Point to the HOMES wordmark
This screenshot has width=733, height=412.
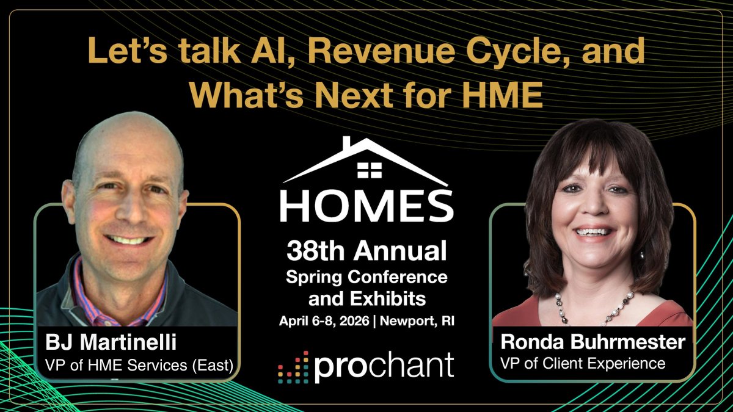[366, 205]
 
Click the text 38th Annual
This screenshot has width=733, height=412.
[366, 250]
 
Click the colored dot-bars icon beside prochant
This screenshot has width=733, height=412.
[293, 367]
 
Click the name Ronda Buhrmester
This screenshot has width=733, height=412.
[593, 342]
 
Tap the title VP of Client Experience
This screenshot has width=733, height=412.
[583, 364]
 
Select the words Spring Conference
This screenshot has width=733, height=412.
[366, 277]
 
